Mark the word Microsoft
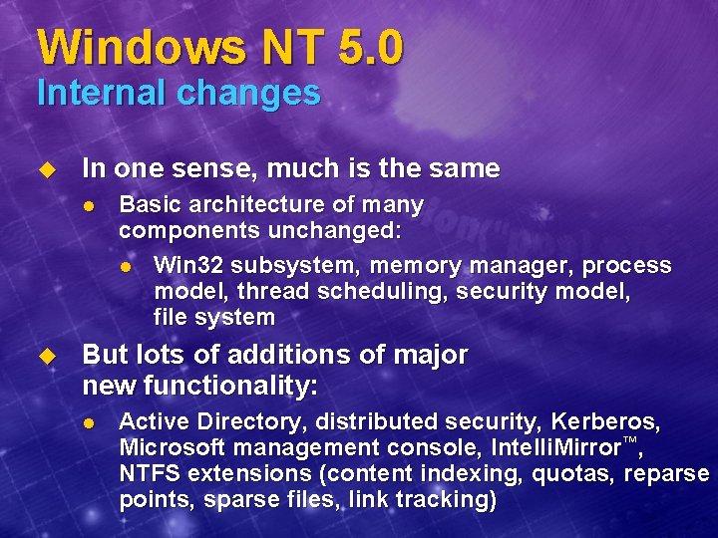173,447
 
